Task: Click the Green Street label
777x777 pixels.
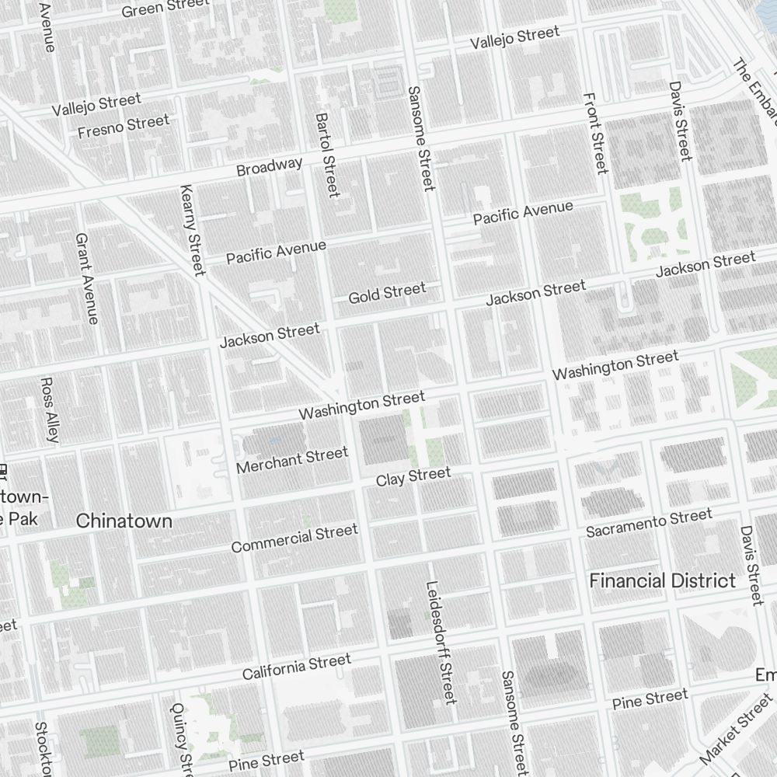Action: (x=166, y=7)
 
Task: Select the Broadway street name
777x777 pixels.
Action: (x=269, y=166)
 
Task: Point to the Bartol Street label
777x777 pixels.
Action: (x=327, y=155)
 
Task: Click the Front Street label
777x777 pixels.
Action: (x=594, y=133)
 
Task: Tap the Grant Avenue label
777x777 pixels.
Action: (x=87, y=278)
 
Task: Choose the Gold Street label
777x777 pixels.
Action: (x=387, y=293)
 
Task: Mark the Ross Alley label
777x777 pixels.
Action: (x=49, y=409)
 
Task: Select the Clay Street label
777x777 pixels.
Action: (x=413, y=476)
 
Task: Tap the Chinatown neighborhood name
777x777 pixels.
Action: (x=124, y=521)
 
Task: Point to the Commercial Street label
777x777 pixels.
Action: (x=294, y=538)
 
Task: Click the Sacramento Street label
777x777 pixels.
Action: (x=649, y=523)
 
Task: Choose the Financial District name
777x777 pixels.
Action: (x=662, y=580)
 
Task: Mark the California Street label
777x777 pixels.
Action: (x=296, y=667)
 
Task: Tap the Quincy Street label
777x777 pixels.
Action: (x=179, y=738)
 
